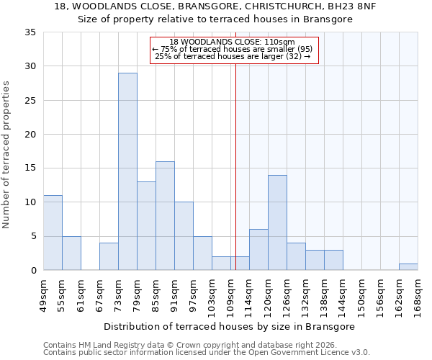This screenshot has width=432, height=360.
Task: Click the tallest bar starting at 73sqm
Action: (127, 171)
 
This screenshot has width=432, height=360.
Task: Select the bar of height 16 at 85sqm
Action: (165, 216)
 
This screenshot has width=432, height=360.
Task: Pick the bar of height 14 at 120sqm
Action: (277, 222)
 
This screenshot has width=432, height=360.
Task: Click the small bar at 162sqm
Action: (408, 266)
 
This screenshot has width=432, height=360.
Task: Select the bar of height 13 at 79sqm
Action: (146, 226)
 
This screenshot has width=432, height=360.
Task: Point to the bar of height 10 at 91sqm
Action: (184, 236)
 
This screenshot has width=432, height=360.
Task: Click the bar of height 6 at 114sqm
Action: (258, 250)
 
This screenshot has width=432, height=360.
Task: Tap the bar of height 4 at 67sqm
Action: (109, 256)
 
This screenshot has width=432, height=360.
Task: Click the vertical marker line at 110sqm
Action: (235, 166)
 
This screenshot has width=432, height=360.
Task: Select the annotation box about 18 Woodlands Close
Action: (233, 50)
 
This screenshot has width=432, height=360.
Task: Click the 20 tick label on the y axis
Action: (30, 135)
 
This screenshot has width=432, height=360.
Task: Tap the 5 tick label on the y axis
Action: (33, 237)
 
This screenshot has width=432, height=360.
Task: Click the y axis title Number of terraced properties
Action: (7, 154)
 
